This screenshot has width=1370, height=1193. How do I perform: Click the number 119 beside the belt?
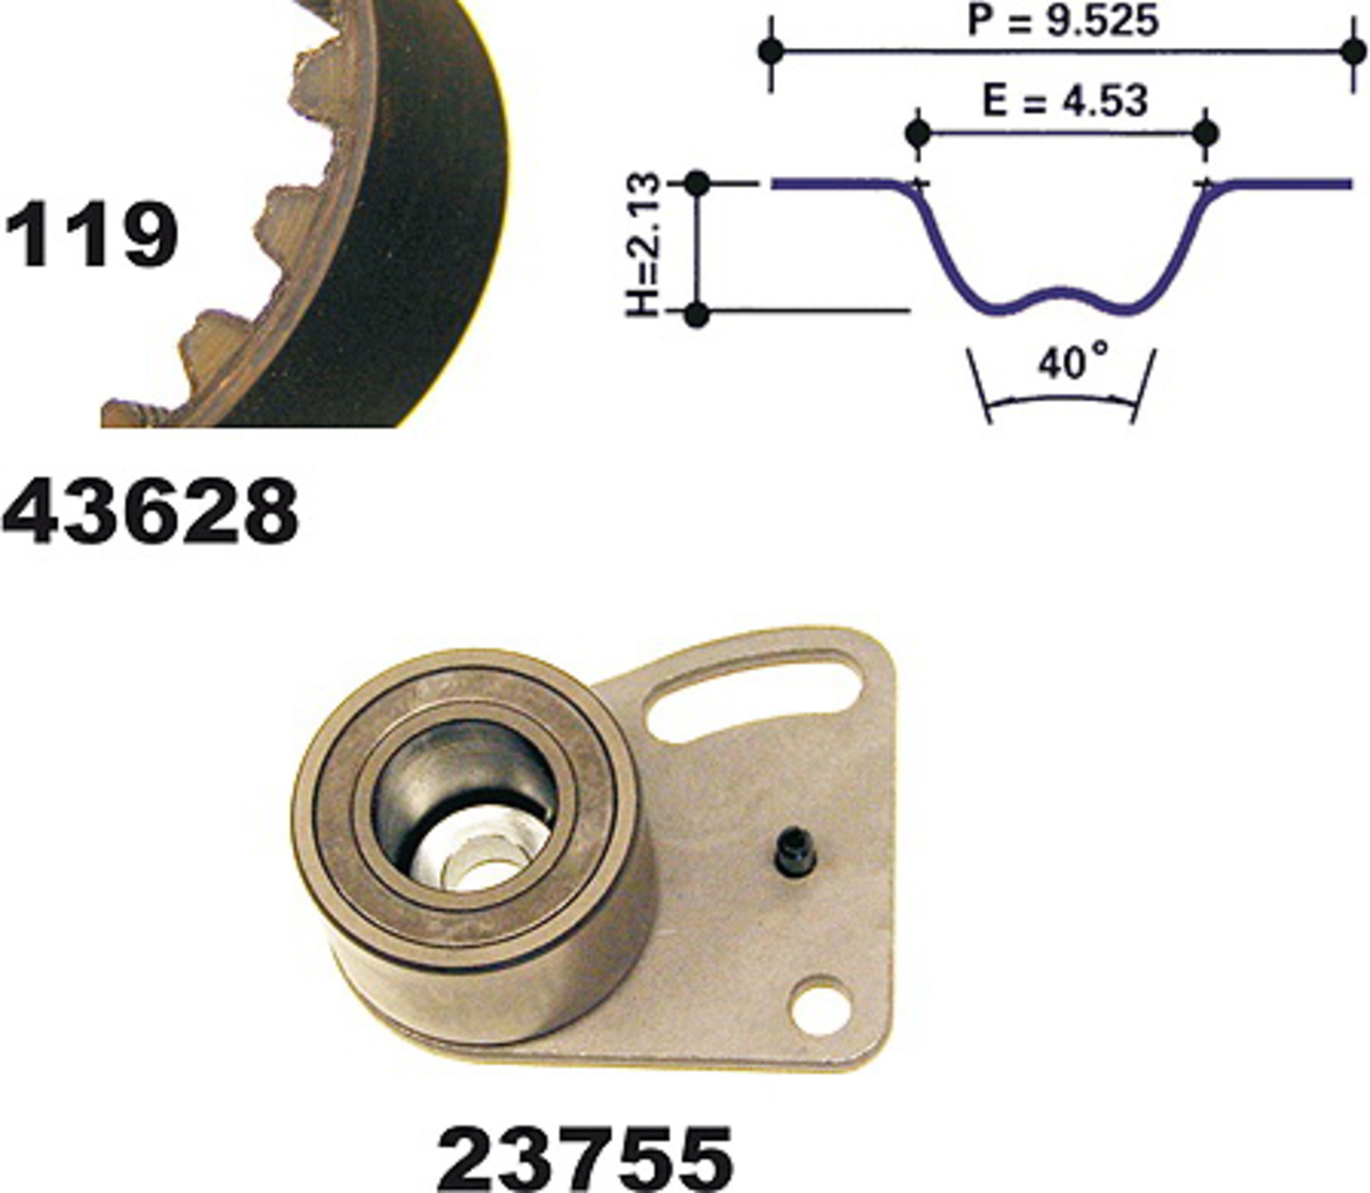(x=91, y=234)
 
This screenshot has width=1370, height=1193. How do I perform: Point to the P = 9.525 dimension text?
(x=1062, y=21)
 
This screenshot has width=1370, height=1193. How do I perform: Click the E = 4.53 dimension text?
(x=1064, y=102)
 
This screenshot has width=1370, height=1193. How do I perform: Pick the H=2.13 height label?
(x=644, y=245)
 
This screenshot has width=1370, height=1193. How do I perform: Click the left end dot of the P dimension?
(x=772, y=51)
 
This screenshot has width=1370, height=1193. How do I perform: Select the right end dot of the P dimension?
(x=1352, y=51)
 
